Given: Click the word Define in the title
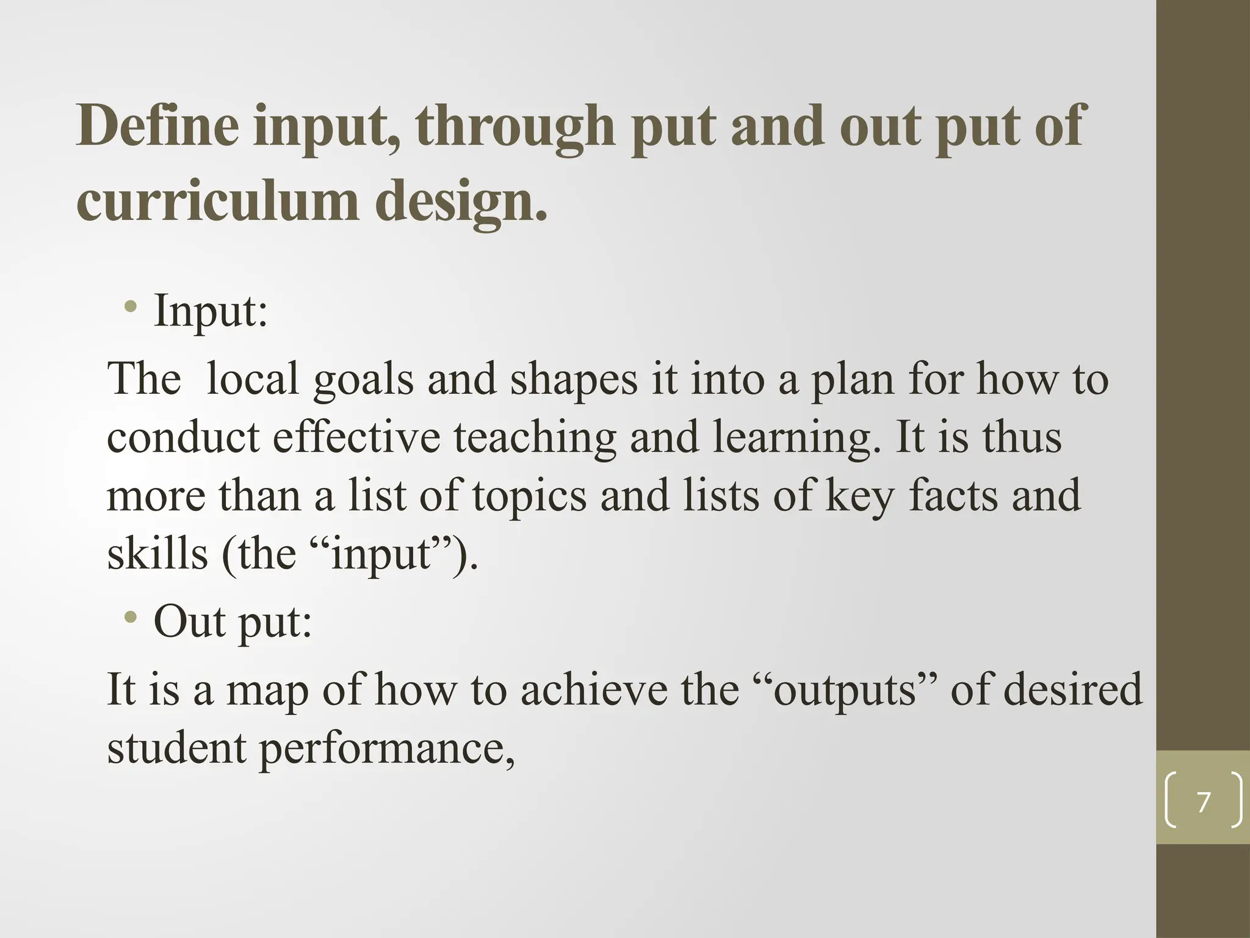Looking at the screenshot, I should (x=158, y=126).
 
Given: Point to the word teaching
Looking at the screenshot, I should (x=535, y=438).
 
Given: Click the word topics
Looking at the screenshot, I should (x=529, y=496).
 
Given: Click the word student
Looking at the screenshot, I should (x=176, y=748).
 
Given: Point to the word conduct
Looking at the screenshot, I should (x=183, y=437).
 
